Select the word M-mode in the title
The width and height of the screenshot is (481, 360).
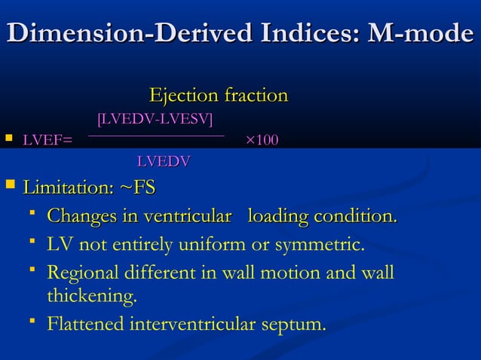point(425,35)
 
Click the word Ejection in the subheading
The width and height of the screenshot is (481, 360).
point(181,96)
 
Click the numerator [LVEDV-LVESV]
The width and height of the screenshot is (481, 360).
point(155,119)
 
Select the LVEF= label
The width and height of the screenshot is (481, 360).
point(47,140)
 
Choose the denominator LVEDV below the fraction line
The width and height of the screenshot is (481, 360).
point(163,160)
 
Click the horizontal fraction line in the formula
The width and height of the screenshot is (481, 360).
point(156,136)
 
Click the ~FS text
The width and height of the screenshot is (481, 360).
point(138,187)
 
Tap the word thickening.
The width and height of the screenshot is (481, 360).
point(92,297)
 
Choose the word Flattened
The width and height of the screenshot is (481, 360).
point(85,325)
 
